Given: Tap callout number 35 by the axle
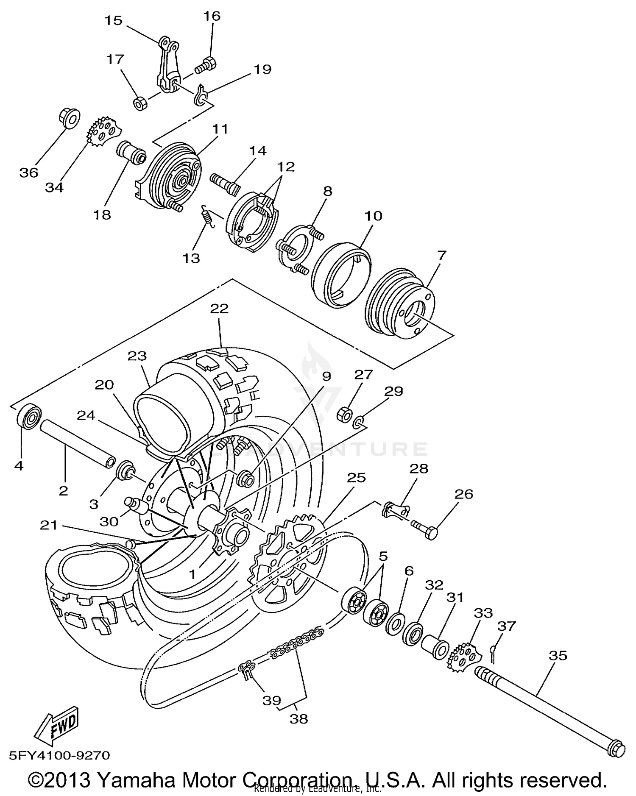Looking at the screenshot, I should (x=558, y=655).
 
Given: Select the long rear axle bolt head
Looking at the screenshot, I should (x=616, y=748).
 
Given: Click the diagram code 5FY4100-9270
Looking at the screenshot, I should (x=59, y=756).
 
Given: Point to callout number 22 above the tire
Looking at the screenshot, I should (x=219, y=309).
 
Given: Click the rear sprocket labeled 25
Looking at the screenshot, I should (x=288, y=564).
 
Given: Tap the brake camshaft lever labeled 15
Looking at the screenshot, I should (x=165, y=64).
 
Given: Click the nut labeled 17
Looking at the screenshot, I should (x=140, y=103).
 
